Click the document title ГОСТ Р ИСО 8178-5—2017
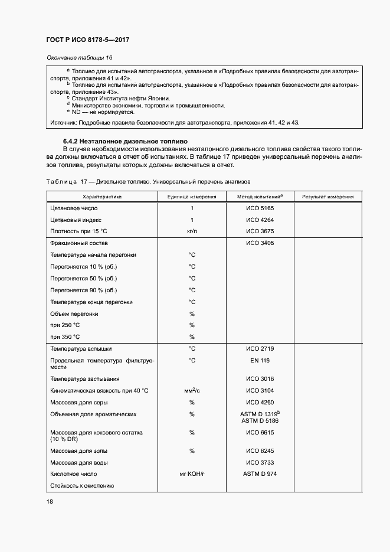coord(87,40)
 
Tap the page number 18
coord(49,501)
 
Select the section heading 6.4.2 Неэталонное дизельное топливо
coord(125,142)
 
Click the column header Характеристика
coord(102,197)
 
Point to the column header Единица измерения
coord(192,197)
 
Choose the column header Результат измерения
coord(328,197)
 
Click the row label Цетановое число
coord(74,208)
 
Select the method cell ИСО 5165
coord(260,208)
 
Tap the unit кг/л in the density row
coord(192,231)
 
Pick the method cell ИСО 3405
coord(260,243)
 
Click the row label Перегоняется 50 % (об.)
coord(84,278)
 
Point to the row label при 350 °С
coord(65,337)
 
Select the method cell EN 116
coord(260,360)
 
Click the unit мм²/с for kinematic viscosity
coord(192,391)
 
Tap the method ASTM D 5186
coord(260,420)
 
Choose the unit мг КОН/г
coord(192,474)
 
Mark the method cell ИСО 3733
coord(260,462)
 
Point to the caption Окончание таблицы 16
coord(79,57)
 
